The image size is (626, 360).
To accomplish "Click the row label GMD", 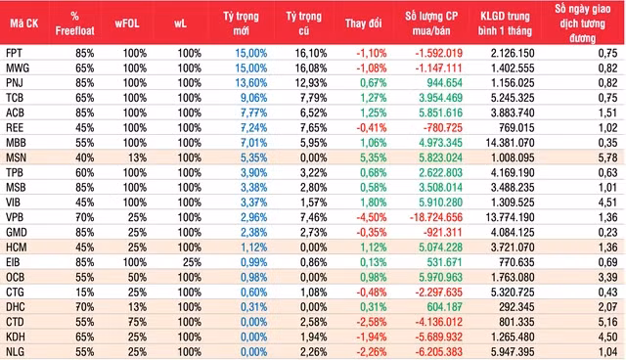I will tap(16, 231).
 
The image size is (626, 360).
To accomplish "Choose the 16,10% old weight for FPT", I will tap(302, 52).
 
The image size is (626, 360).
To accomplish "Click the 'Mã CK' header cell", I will tap(22, 21).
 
